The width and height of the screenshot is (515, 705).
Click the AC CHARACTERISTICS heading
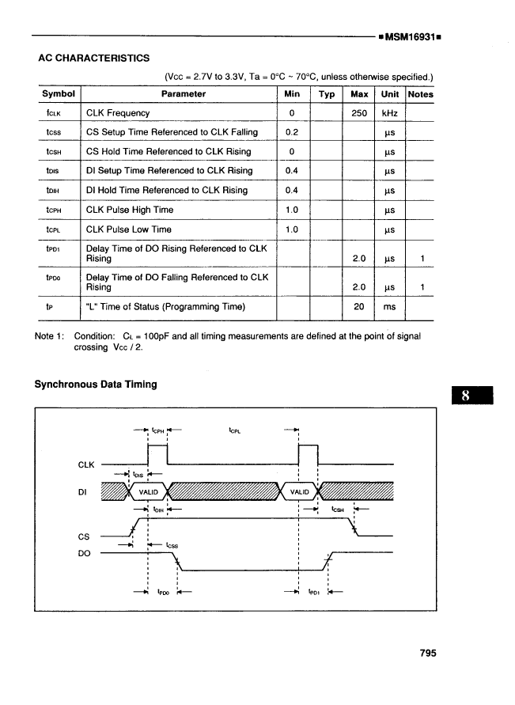pos(93,58)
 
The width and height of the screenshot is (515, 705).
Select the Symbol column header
pos(58,94)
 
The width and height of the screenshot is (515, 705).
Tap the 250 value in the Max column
pos(359,113)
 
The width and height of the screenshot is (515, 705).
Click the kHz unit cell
pos(389,113)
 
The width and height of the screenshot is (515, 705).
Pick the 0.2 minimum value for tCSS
pos(291,132)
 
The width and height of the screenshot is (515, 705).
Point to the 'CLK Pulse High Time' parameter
pos(130,210)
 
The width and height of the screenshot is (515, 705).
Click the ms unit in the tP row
pos(389,307)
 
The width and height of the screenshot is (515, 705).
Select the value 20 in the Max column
pos(359,307)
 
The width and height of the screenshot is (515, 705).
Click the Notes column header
pos(420,94)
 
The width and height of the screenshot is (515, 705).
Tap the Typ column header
pos(326,94)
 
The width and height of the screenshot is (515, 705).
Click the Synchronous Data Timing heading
pos(96,385)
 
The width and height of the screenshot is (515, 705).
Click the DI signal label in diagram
pos(83,491)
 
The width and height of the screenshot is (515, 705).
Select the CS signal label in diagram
pos(84,536)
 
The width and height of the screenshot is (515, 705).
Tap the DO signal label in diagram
pos(85,553)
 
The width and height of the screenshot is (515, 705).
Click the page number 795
pos(428,654)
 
